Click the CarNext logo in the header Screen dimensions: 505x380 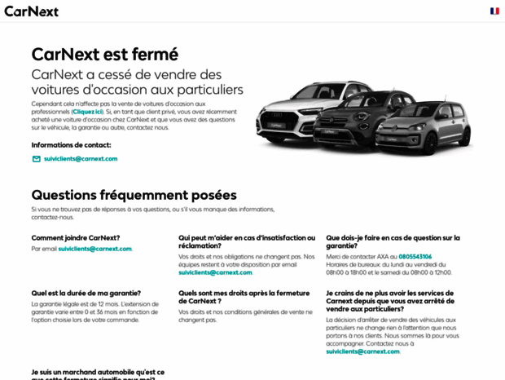point(31,11)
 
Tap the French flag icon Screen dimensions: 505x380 point(494,11)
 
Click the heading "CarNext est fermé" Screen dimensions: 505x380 point(104,55)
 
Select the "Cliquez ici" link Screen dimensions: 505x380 point(87,111)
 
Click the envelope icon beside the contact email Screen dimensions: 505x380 point(36,159)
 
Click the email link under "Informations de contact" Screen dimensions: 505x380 point(81,159)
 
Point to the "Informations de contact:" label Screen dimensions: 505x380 point(71,144)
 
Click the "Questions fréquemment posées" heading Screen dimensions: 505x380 point(134,195)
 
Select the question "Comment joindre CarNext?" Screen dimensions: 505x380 point(76,238)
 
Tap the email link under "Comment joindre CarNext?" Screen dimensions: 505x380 point(94,249)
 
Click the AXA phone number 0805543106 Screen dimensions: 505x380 point(415,257)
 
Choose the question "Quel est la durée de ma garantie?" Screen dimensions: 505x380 point(86,293)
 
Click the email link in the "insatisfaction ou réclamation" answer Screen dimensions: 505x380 point(215,272)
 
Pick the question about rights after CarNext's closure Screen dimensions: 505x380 point(244,297)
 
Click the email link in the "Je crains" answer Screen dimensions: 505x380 point(362,351)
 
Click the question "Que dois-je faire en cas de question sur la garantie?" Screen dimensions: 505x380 point(393,241)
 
